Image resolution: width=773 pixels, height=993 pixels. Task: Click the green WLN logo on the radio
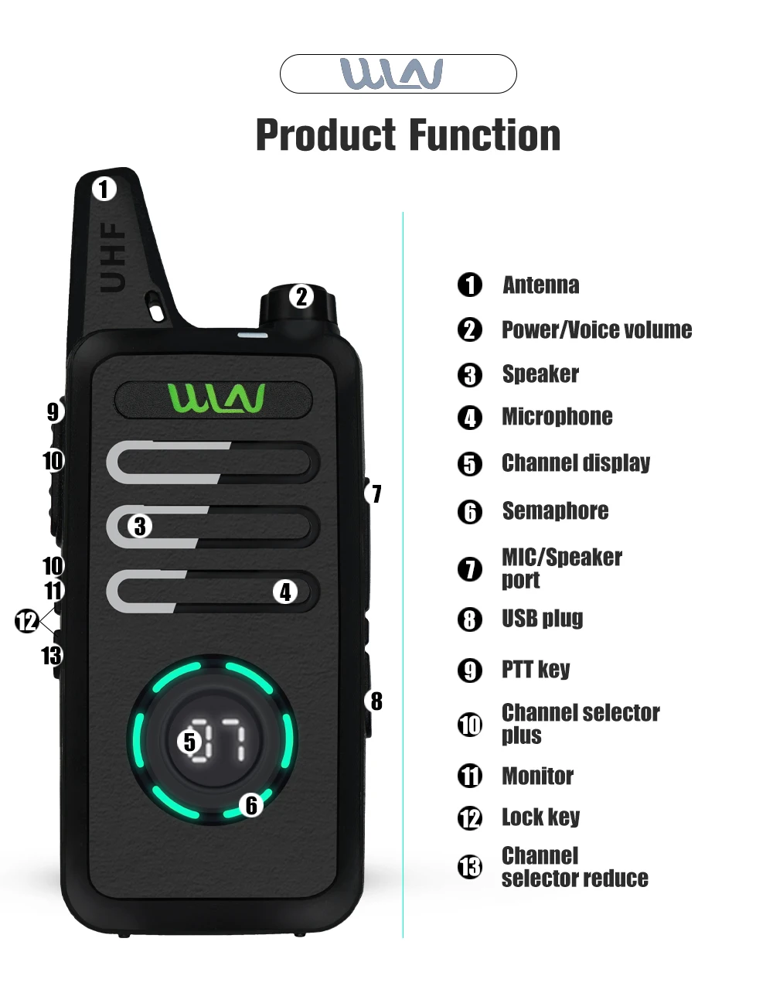click(x=216, y=398)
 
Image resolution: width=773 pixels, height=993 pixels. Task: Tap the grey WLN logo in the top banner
click(x=392, y=73)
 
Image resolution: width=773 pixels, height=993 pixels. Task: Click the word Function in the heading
click(x=485, y=135)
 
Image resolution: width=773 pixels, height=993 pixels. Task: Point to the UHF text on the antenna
click(x=112, y=258)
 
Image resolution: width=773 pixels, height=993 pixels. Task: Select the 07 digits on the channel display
click(x=218, y=741)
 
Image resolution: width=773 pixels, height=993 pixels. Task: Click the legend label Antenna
click(x=541, y=285)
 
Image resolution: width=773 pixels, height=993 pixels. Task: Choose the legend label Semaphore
click(x=555, y=511)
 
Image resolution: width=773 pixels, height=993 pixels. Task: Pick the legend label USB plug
click(x=543, y=619)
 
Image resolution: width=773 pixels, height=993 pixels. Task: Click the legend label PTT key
click(x=536, y=670)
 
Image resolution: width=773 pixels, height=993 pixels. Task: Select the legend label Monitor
click(x=537, y=776)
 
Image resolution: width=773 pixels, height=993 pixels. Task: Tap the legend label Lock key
click(x=541, y=817)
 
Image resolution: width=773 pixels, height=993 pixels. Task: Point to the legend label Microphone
click(x=557, y=417)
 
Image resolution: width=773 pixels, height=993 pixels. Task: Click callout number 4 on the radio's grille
click(x=285, y=592)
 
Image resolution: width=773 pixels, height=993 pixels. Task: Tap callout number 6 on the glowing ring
click(x=251, y=805)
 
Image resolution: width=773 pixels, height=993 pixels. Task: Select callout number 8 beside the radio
click(x=376, y=701)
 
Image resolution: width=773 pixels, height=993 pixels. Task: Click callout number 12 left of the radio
click(x=26, y=622)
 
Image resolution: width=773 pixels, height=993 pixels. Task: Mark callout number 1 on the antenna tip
click(x=104, y=189)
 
